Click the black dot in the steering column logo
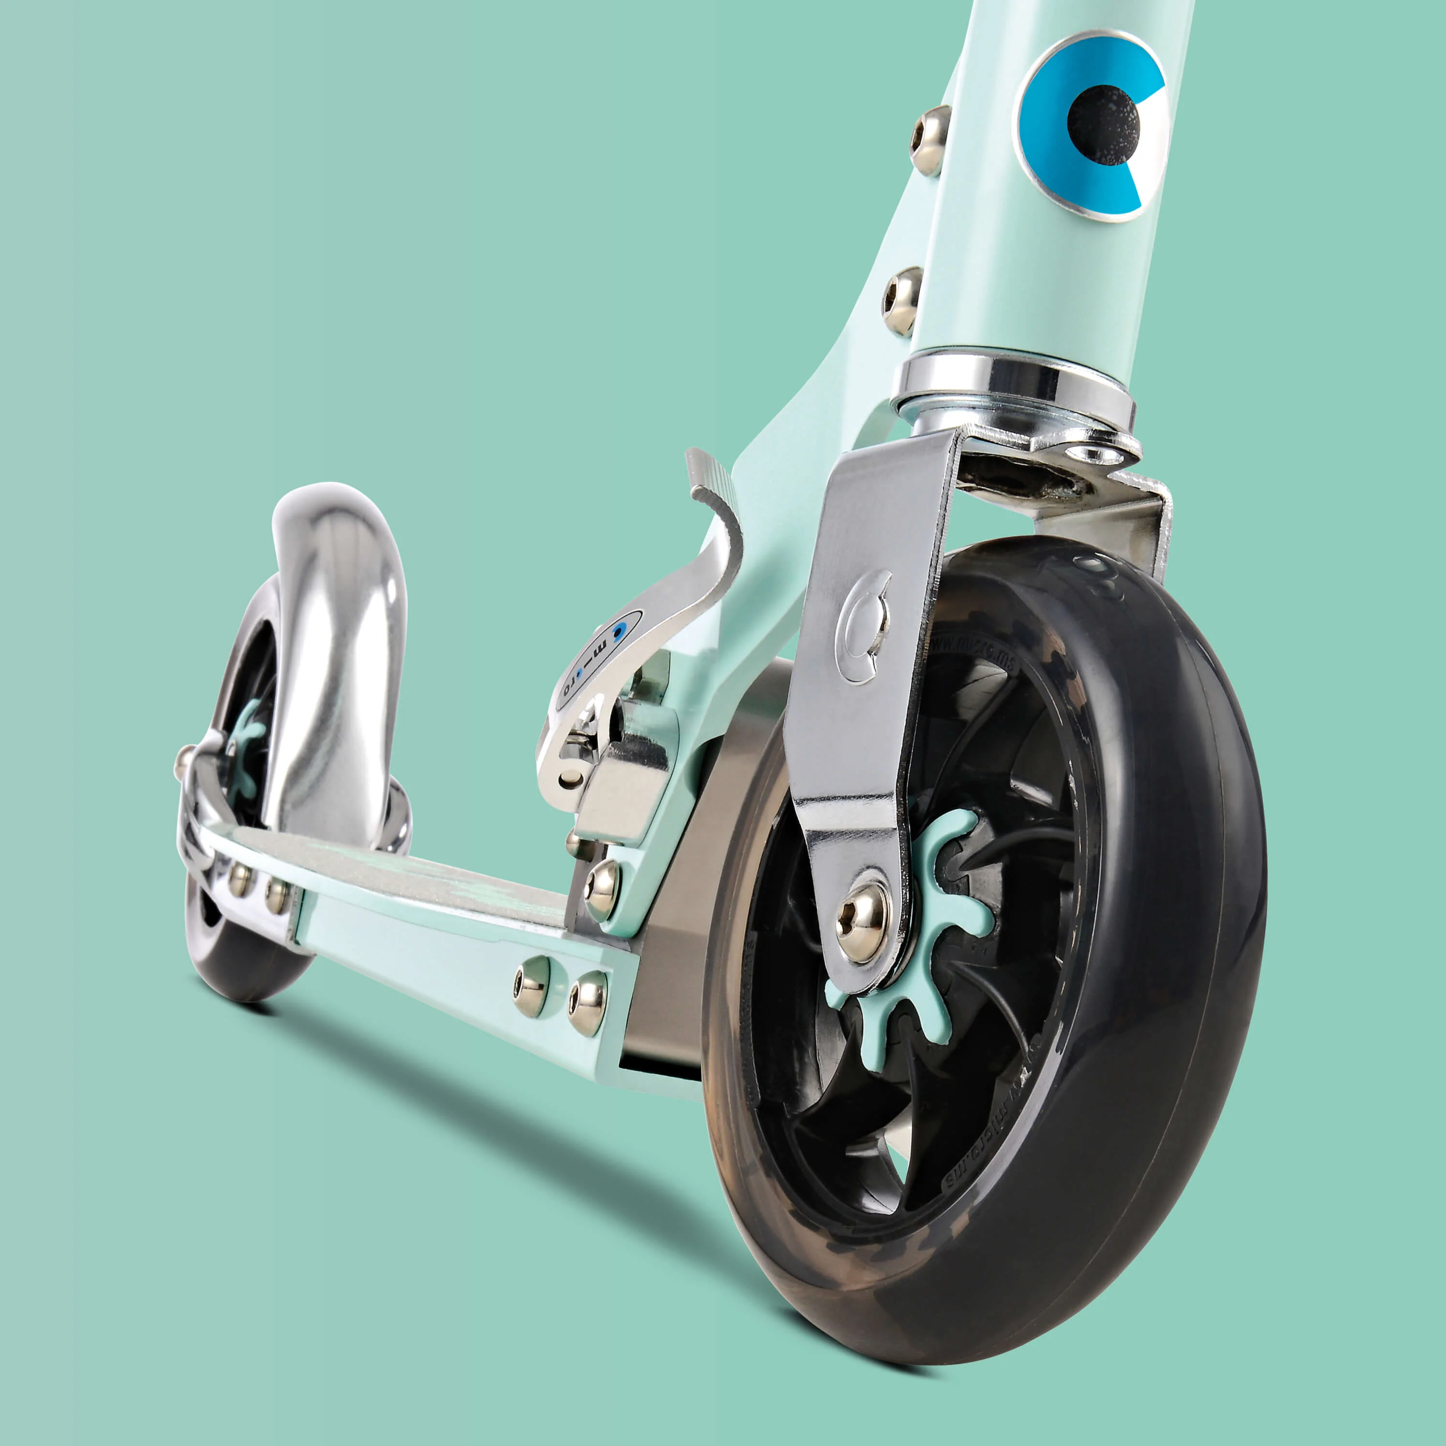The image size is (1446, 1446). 1103,125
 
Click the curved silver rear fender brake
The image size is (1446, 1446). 337,636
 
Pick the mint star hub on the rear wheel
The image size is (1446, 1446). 247,756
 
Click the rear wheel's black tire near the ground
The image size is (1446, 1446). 247,973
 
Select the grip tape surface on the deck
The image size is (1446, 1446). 419,876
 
